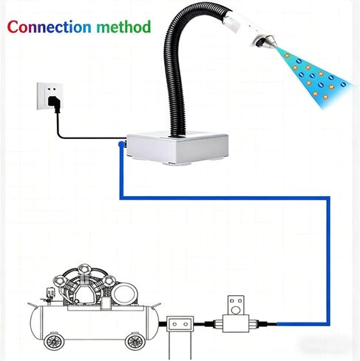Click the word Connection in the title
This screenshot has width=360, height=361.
click(49, 27)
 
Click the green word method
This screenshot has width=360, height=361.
click(123, 27)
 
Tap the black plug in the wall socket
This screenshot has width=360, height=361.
click(54, 104)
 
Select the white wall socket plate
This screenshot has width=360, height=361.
click(50, 96)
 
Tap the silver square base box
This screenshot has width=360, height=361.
click(177, 147)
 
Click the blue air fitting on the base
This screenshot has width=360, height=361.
click(122, 144)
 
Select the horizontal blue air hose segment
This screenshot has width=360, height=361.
click(225, 198)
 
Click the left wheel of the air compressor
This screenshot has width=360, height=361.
click(54, 341)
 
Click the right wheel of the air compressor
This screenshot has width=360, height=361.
click(135, 341)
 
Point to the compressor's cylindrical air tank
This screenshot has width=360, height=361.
click(95, 323)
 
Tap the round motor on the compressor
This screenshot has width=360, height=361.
click(125, 294)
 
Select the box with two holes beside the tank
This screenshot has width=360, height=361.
click(180, 324)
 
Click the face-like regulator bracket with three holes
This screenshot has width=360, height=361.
click(236, 305)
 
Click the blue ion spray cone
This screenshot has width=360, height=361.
click(316, 75)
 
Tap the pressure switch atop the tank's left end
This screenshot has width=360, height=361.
click(50, 294)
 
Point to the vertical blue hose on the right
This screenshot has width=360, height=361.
click(328, 261)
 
